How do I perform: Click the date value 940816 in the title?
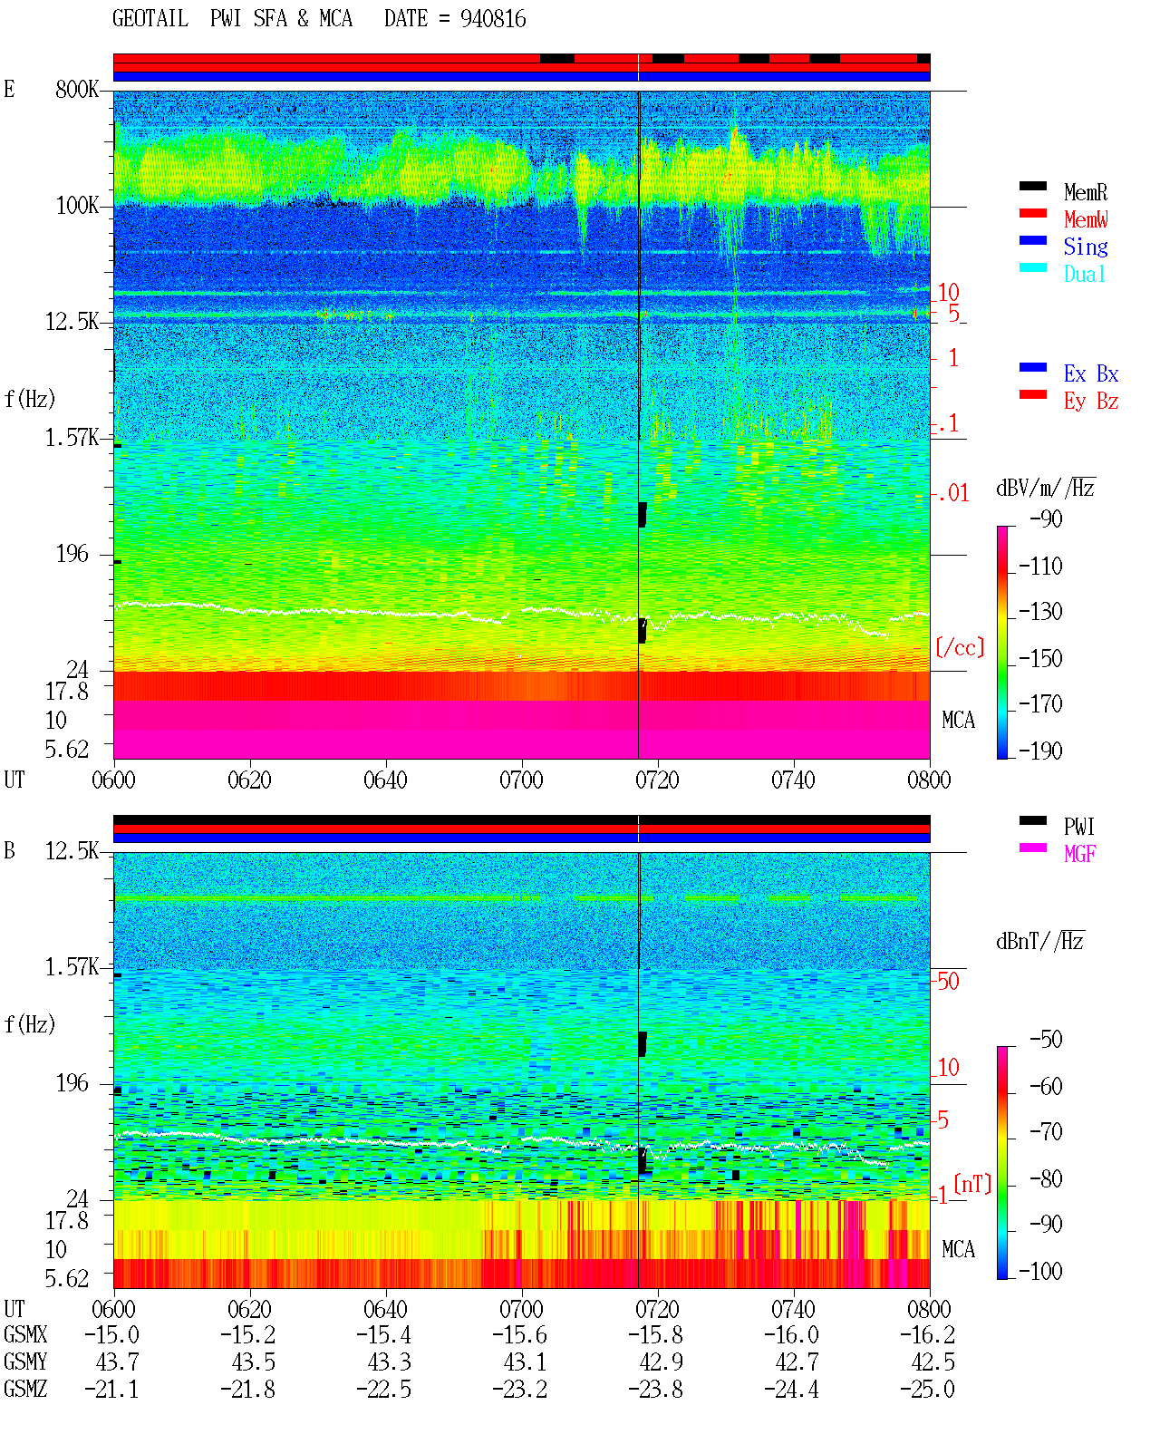(492, 19)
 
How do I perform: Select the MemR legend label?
(1085, 192)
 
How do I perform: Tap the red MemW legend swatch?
(1032, 213)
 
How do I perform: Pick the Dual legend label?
(1084, 274)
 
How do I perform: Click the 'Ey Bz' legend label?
(1090, 402)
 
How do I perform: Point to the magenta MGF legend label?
(1079, 854)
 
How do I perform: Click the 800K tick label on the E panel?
(76, 89)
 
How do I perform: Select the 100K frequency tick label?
(76, 206)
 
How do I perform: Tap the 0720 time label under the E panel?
(658, 780)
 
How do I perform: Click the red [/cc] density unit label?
(960, 647)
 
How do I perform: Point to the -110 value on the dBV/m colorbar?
(1040, 567)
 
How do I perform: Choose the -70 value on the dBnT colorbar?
(1046, 1131)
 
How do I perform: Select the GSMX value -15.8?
(655, 1334)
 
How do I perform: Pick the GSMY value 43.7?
(118, 1362)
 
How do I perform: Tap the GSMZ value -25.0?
(927, 1389)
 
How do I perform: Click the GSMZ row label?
(25, 1389)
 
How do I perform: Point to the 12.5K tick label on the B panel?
(72, 851)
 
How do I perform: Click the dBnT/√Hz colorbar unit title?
(1040, 942)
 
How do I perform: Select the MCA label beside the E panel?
(958, 720)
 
